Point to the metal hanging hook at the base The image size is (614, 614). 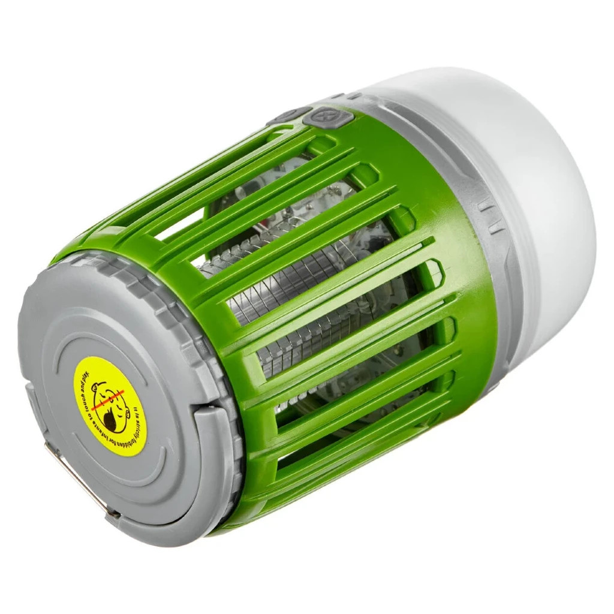tap(78, 480)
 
